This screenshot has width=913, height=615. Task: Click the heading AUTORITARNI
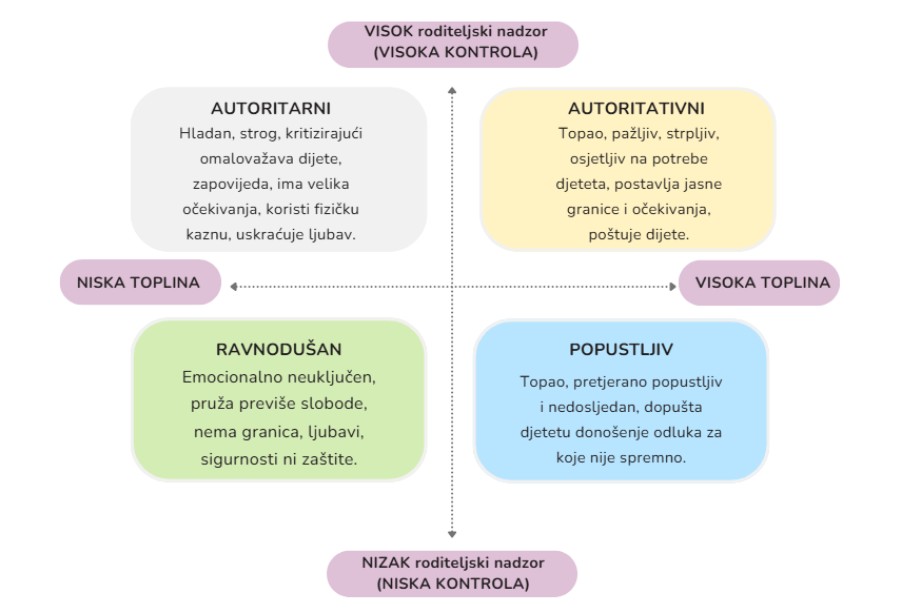click(x=271, y=108)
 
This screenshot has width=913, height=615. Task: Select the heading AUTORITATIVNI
click(x=636, y=108)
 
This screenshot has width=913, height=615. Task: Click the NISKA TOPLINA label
click(x=138, y=282)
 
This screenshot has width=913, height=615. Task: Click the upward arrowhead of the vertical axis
click(x=452, y=92)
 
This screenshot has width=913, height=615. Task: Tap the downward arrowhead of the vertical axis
click(x=452, y=536)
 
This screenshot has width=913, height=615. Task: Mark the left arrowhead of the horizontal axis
click(x=233, y=286)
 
